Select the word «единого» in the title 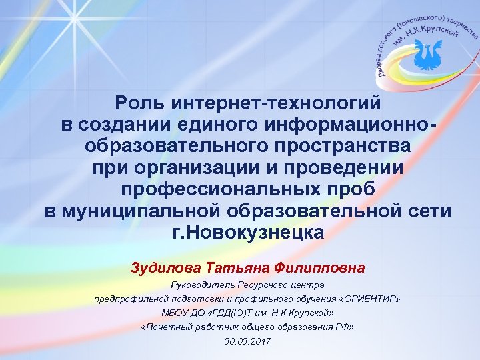tap(223, 125)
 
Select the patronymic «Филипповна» tap(323, 268)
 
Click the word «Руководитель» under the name tap(203, 285)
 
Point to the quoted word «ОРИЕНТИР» tap(371, 299)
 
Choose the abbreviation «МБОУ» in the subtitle tap(175, 313)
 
